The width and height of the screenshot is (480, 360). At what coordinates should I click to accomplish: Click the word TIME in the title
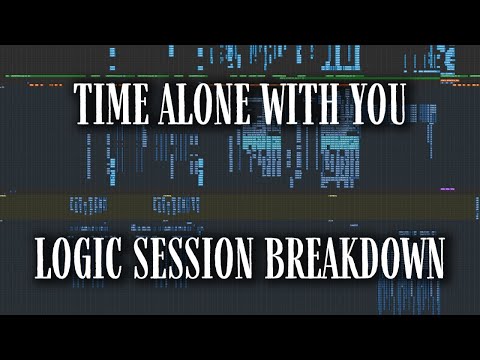113,108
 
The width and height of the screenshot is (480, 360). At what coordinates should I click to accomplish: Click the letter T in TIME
84,108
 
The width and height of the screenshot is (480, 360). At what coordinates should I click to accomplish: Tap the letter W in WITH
281,108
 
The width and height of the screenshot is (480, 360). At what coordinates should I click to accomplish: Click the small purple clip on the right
447,187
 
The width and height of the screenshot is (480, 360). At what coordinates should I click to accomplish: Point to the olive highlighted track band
240,205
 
